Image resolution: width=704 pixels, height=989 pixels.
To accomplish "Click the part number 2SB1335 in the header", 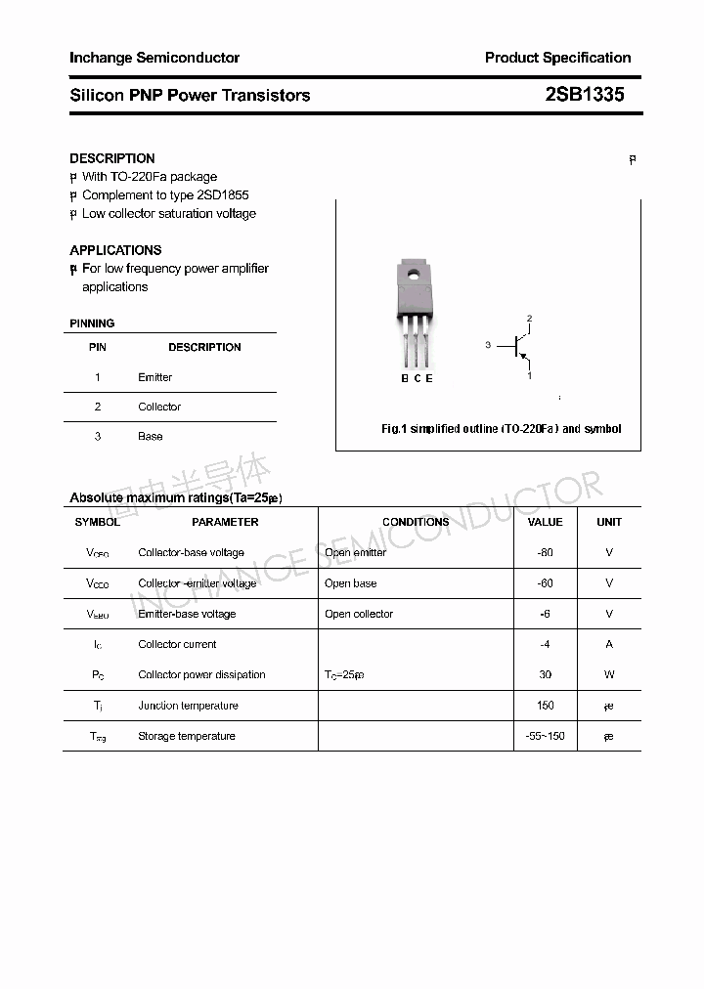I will point(584,95).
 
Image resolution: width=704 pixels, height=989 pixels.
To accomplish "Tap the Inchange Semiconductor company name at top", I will point(154,58).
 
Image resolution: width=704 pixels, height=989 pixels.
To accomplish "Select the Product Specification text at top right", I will point(557,58).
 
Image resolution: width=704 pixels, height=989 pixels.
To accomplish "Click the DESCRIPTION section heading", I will point(112,158).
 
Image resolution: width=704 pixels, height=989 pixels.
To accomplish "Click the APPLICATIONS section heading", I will point(115,250).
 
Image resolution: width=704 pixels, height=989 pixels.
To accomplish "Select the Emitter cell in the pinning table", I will point(154,377).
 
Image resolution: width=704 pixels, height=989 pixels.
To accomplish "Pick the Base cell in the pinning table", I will point(150,436).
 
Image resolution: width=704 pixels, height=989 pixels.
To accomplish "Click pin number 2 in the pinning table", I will point(98,407).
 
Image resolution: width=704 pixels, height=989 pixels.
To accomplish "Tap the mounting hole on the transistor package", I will point(414,275).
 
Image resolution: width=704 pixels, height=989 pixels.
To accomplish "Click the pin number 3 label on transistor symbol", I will point(488,346).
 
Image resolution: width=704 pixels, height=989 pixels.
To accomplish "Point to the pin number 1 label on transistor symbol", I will point(529,375).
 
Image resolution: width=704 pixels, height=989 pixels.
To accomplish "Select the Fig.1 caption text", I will point(501,429).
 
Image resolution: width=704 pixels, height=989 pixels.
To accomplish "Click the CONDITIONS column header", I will point(416,522).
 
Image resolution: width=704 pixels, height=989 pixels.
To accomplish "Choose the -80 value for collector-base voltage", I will point(545,552).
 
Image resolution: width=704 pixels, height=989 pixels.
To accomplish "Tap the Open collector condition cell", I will point(359,614).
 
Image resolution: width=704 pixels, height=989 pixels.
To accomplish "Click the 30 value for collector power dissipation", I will point(545,674).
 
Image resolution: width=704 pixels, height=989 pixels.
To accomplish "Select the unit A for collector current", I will point(609,644).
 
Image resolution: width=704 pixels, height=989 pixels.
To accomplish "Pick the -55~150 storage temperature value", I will point(545,736).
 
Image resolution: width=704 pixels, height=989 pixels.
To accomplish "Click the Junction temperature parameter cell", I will point(188,706).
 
